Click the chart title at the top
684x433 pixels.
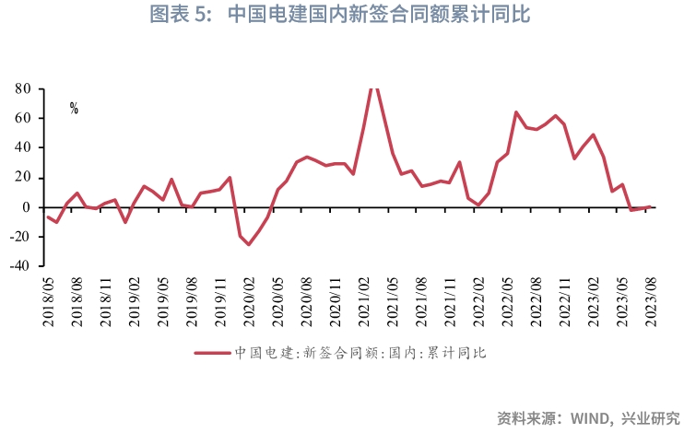point(340,16)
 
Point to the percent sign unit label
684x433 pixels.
point(74,109)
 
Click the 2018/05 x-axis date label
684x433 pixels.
point(48,301)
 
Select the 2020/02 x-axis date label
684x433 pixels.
point(249,301)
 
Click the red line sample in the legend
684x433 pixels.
point(211,352)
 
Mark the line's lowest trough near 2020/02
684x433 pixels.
point(248,244)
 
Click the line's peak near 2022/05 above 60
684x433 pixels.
point(516,112)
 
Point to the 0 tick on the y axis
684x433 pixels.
point(28,207)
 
